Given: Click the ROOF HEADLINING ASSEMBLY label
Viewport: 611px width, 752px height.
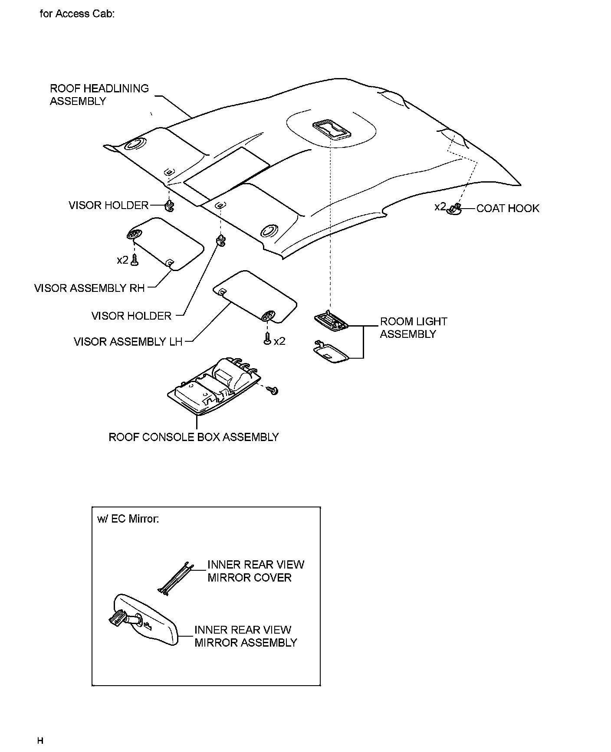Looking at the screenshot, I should [99, 95].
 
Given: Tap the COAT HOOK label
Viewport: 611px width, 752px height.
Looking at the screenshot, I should [507, 209].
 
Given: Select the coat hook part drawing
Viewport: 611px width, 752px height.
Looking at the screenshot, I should [454, 209].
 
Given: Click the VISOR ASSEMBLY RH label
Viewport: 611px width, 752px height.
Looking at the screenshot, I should [89, 288].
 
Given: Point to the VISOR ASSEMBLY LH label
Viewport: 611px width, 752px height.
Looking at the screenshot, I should [128, 342].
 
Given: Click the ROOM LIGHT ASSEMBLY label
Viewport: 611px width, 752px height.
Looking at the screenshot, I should [413, 328].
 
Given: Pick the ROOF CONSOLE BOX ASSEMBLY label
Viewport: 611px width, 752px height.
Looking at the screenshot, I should [194, 437].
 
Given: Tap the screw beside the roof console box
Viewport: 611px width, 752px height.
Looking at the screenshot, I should [273, 390].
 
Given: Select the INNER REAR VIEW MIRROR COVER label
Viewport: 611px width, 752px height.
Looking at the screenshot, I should [256, 571].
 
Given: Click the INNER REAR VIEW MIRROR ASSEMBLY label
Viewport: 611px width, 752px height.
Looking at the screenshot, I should [246, 636].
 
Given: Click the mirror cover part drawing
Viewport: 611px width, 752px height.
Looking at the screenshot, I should [176, 579].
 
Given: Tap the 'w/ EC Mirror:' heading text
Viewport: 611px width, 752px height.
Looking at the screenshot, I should [128, 519].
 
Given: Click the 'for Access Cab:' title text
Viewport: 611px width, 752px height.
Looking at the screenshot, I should [77, 14].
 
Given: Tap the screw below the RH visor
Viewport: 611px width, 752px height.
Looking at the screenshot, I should [135, 261].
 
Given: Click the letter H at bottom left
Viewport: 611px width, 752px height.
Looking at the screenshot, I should [40, 740].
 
